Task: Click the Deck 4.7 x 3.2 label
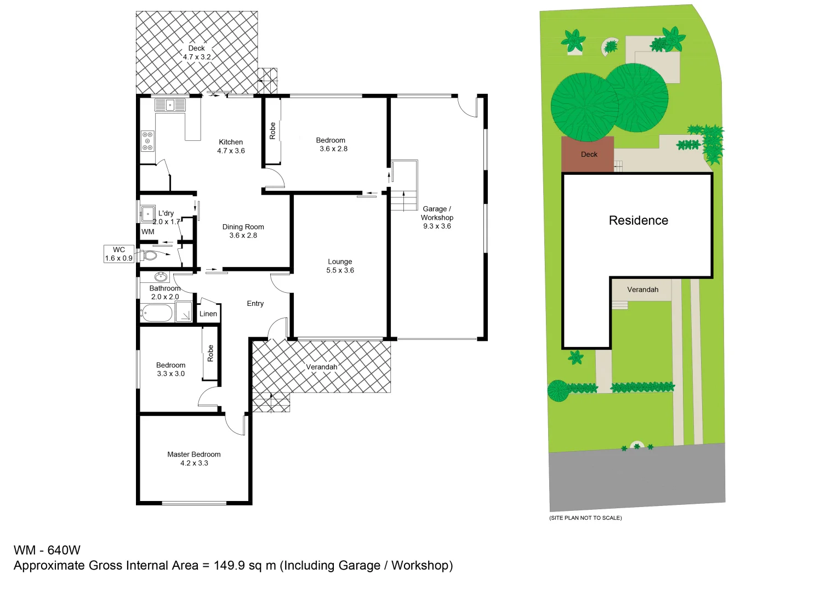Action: (197, 53)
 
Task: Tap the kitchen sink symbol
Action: (170, 105)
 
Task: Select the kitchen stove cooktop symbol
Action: (147, 141)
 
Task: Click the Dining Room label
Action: (243, 231)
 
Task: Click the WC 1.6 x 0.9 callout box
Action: (119, 254)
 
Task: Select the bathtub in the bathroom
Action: (157, 314)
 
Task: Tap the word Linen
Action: (208, 314)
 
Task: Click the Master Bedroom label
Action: (194, 458)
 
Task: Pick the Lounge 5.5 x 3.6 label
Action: (340, 266)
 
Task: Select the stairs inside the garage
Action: (404, 200)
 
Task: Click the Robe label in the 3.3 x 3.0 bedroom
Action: (210, 353)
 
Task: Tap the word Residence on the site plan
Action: (639, 220)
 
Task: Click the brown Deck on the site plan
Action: (588, 155)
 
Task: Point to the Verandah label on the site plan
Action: (642, 289)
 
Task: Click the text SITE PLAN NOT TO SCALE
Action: (585, 517)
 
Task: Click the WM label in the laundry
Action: (148, 231)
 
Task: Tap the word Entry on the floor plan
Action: (255, 303)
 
